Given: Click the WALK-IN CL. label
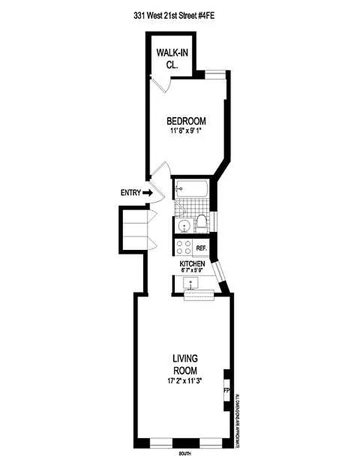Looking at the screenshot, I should (171, 59).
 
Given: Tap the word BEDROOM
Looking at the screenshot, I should (186, 121).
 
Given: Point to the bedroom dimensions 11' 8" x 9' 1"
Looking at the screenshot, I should (186, 131).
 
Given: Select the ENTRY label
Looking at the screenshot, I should (130, 193).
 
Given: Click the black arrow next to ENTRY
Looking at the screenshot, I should (147, 193).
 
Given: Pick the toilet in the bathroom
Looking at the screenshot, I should (201, 223).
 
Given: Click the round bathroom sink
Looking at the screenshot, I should (183, 225).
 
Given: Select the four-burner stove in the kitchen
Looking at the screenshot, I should (184, 248).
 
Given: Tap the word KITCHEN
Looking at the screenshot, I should (192, 264).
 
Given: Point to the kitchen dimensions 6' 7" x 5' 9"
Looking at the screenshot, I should (192, 271).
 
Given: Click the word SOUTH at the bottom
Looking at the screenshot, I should (185, 453).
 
